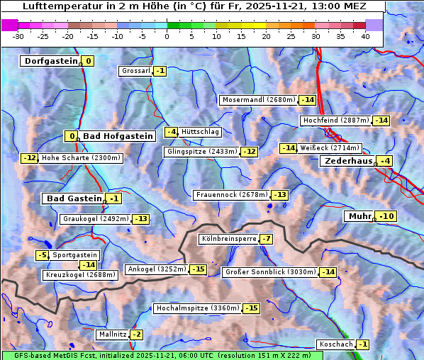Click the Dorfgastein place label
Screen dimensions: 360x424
[x=50, y=61]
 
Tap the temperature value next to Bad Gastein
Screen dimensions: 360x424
[x=113, y=198]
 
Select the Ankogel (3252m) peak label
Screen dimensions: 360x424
[x=157, y=269]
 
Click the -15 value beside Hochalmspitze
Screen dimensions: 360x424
[x=251, y=308]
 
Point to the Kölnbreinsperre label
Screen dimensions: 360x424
[x=228, y=240]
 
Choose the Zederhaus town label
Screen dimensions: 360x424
[x=347, y=162]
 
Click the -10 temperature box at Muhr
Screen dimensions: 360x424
[x=386, y=216]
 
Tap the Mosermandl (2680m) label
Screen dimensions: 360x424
[x=259, y=100]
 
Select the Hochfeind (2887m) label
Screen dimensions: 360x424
[x=335, y=120]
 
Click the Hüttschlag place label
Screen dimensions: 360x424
[x=201, y=132]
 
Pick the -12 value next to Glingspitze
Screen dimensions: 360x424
[x=250, y=152]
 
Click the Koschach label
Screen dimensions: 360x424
[x=335, y=344]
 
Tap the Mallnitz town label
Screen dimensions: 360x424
[x=112, y=334]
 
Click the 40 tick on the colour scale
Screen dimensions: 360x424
[x=365, y=36]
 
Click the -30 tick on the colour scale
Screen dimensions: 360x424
[x=18, y=36]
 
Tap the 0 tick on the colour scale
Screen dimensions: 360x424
[x=167, y=36]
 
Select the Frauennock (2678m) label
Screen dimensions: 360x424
[x=233, y=195]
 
